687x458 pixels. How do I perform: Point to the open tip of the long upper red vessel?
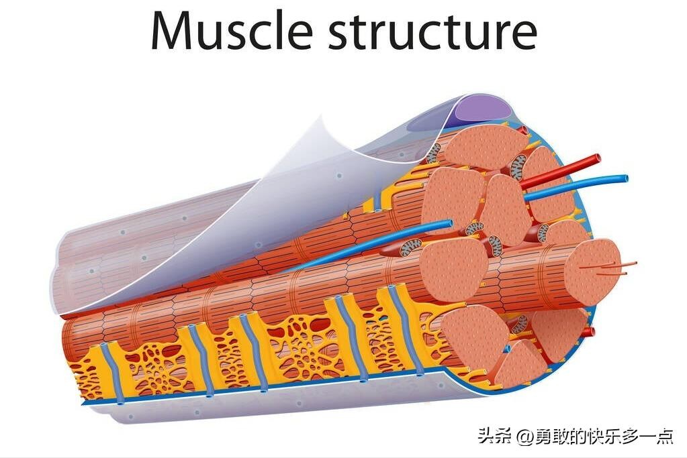pos(596,160)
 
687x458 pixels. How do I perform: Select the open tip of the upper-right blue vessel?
pos(625,179)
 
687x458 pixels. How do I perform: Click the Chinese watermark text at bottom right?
pos(576,437)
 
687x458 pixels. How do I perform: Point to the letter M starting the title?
pos(174,31)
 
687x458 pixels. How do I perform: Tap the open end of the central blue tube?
pos(449,223)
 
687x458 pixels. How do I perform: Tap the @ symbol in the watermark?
pos(524,437)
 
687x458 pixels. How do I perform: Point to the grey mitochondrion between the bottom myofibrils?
pos(518,325)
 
